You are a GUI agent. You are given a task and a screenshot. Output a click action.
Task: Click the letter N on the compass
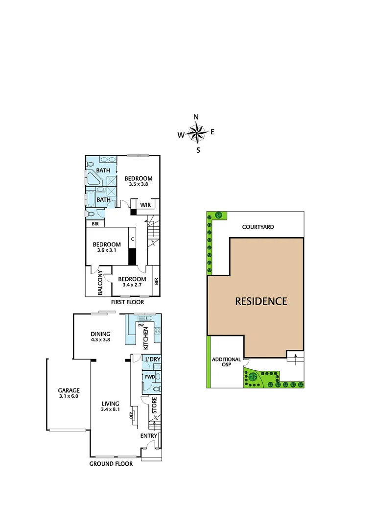coord(196,117)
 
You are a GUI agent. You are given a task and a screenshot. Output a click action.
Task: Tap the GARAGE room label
coord(69,390)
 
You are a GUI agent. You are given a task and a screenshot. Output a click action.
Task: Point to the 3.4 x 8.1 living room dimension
coord(110,409)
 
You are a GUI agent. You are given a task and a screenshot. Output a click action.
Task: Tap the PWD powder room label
coord(149,377)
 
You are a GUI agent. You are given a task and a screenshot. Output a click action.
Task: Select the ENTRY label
coord(149,436)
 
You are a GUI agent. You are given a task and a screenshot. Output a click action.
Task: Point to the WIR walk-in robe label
coord(145,205)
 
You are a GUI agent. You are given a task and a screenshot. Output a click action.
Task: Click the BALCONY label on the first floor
coord(100,283)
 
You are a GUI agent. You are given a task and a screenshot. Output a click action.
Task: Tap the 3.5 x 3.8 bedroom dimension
coord(138,185)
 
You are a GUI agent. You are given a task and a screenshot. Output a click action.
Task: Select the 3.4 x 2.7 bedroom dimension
coord(132,285)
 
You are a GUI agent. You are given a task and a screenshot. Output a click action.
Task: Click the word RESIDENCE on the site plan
coord(261,301)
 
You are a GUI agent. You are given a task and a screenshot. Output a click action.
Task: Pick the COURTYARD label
coord(258,227)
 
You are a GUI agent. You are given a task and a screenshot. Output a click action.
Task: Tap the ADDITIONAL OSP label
coord(226,362)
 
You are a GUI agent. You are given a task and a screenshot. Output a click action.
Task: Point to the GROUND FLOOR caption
coord(111,463)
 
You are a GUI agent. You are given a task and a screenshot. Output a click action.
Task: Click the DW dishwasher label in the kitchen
coord(140,325)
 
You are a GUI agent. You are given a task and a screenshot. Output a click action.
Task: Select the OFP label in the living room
coord(131,415)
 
